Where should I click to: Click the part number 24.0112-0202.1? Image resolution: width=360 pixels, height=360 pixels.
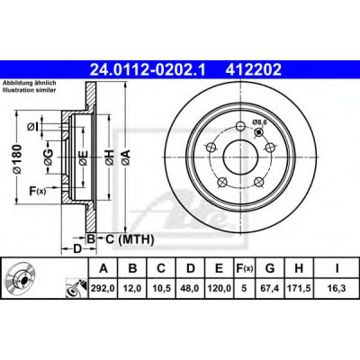tap(148, 70)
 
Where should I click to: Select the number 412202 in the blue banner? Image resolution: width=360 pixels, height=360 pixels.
tap(254, 70)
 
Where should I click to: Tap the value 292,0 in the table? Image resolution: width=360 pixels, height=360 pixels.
tap(103, 289)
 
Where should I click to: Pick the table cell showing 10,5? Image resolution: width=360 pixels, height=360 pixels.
tap(161, 289)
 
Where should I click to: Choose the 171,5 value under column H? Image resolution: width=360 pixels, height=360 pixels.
tap(299, 289)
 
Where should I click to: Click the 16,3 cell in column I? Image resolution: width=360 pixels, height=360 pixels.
tap(337, 289)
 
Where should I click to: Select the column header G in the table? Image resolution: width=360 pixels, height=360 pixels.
tap(270, 268)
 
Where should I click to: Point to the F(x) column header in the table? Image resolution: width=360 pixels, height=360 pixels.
tap(244, 268)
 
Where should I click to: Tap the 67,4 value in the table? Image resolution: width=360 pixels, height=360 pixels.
tap(270, 289)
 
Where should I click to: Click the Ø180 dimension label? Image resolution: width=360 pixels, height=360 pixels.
tap(17, 158)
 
